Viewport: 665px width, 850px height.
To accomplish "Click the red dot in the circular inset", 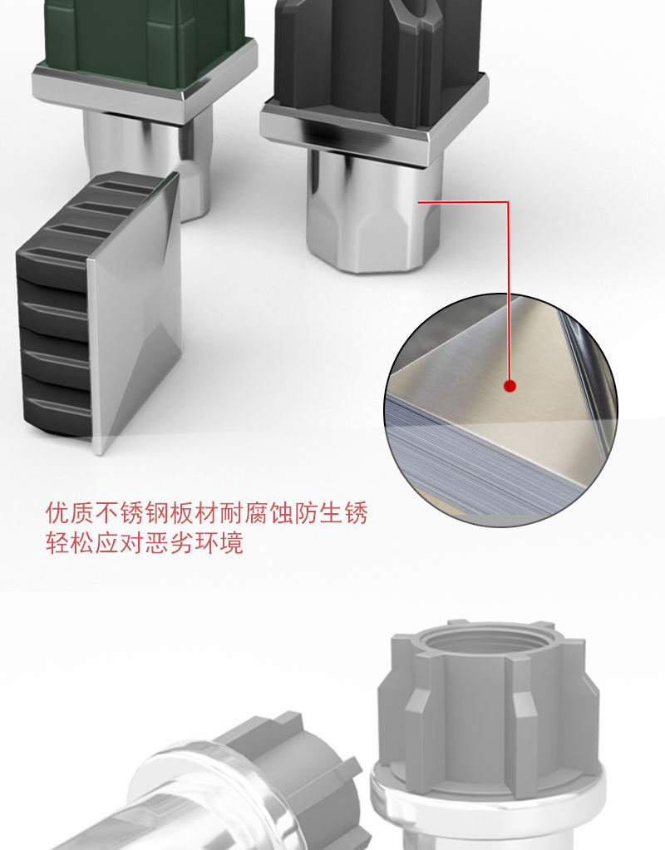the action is [x=510, y=386].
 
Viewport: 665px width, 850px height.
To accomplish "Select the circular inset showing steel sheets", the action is [x=500, y=410].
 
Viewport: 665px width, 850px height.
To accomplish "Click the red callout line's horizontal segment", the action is [x=463, y=202].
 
